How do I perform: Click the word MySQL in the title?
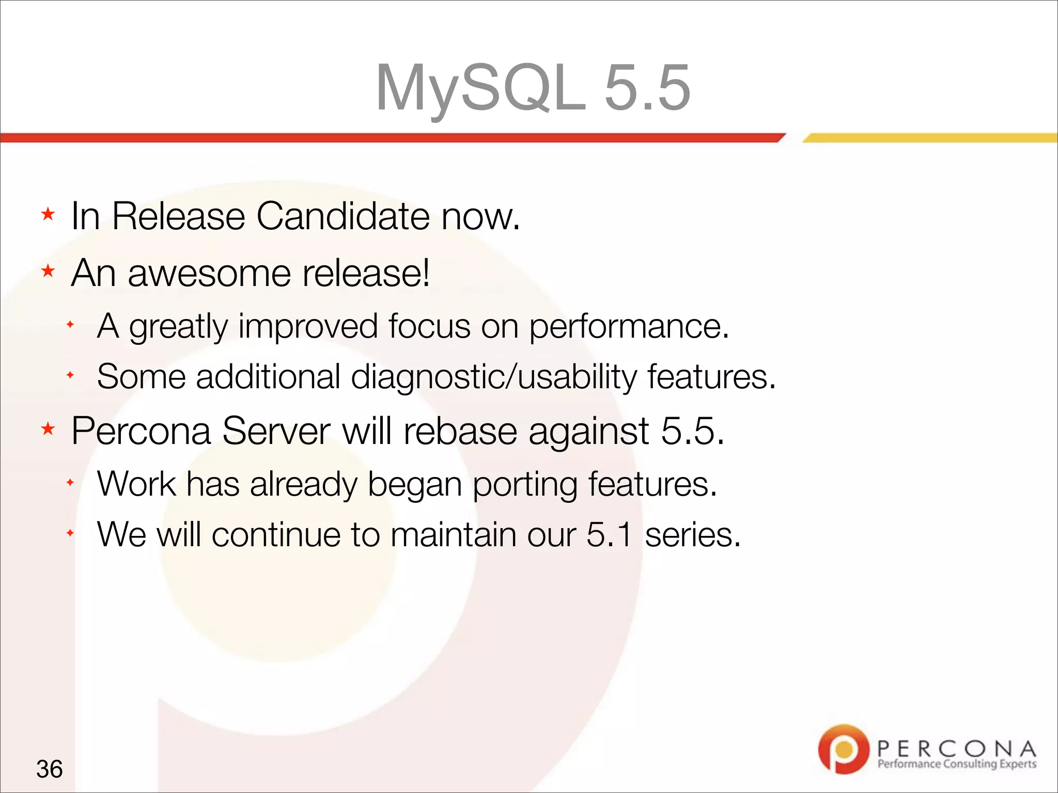pyautogui.click(x=480, y=88)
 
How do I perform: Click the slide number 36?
pyautogui.click(x=50, y=769)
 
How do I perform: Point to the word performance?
pyautogui.click(x=629, y=326)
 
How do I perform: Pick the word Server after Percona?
pyautogui.click(x=276, y=431)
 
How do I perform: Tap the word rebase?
pyautogui.click(x=460, y=431)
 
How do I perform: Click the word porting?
pyautogui.click(x=525, y=484)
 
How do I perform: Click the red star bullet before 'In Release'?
pyautogui.click(x=48, y=214)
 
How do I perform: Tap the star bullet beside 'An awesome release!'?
pyautogui.click(x=48, y=271)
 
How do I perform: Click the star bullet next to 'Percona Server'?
pyautogui.click(x=48, y=429)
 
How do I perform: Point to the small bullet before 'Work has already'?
pyautogui.click(x=70, y=483)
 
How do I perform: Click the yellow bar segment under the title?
pyautogui.click(x=930, y=138)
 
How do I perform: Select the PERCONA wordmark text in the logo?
pyautogui.click(x=956, y=748)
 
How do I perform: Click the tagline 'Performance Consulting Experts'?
pyautogui.click(x=956, y=764)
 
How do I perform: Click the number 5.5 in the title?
pyautogui.click(x=647, y=88)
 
